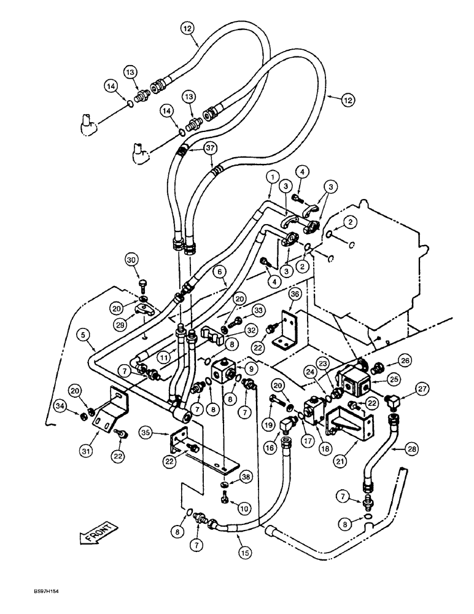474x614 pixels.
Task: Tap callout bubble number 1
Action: click(x=271, y=177)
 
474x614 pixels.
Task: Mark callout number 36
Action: click(x=295, y=294)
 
